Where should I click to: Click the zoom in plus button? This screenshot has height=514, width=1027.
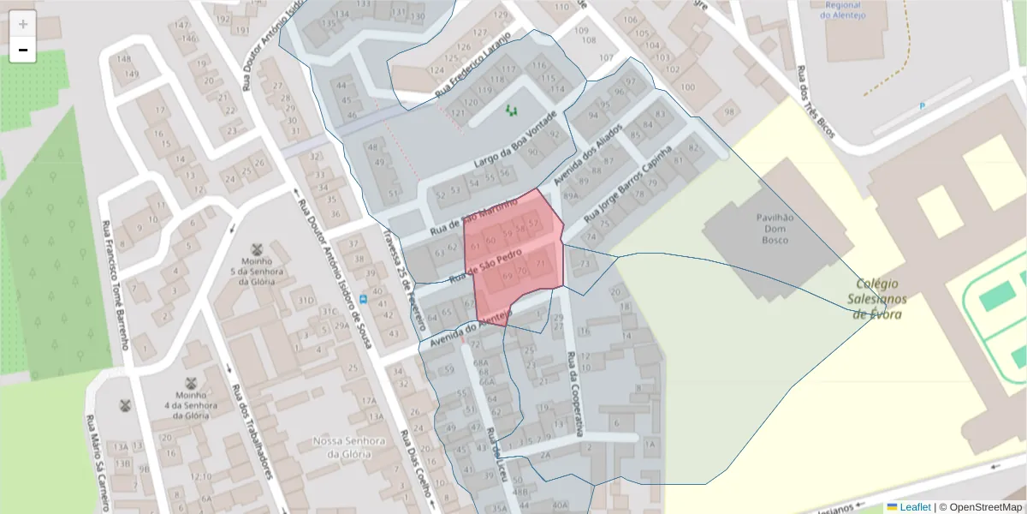point(23,24)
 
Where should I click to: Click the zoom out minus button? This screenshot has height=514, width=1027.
point(23,51)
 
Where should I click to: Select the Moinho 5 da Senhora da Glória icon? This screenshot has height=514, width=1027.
point(256,250)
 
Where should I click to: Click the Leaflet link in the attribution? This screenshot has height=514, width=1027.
point(914,507)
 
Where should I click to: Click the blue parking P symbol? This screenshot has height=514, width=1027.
point(922,105)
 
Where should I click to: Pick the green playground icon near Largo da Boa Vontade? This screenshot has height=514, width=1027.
point(512,110)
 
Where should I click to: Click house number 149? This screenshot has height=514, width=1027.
point(131,75)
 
